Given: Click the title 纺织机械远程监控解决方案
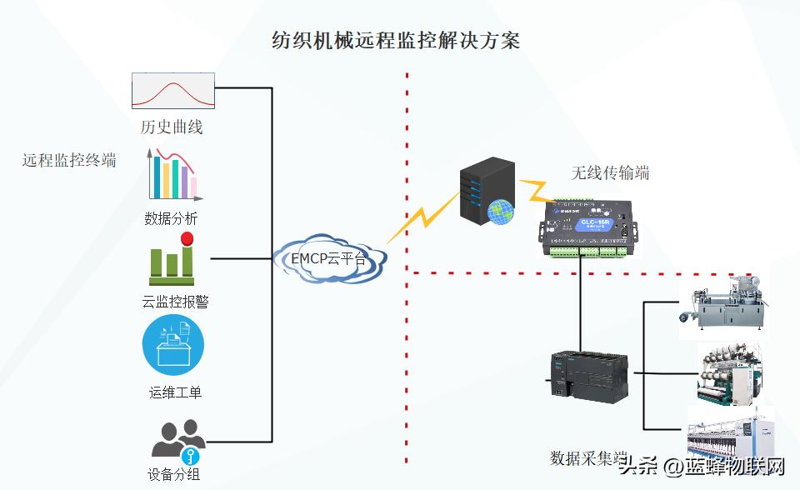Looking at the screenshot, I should (396, 40).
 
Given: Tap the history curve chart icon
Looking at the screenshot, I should (173, 90).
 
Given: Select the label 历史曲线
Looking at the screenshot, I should (172, 127).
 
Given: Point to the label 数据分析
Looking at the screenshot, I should (171, 219).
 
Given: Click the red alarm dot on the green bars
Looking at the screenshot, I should (187, 239).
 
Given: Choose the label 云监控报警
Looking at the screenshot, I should (175, 302).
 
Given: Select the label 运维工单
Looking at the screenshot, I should (175, 392).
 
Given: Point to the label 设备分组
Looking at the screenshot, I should (173, 476).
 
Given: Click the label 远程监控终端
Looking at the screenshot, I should (69, 161).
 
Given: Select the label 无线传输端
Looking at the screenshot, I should (610, 173).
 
